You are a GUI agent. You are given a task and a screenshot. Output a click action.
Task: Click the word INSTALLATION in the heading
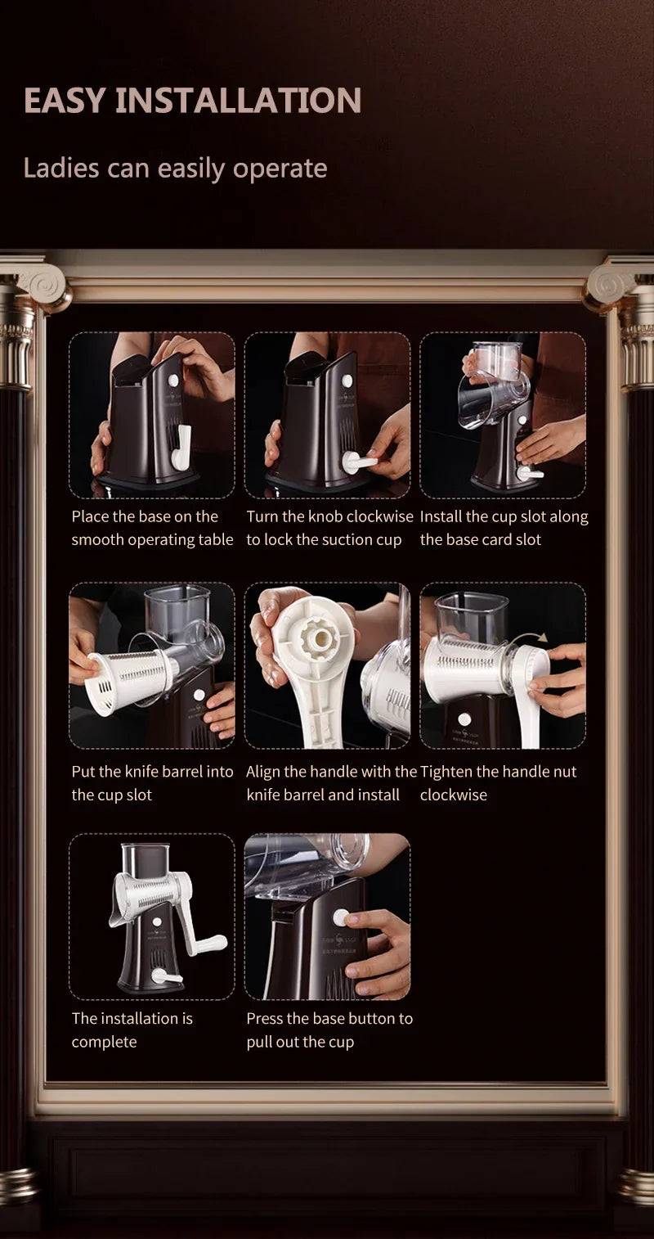coord(238,100)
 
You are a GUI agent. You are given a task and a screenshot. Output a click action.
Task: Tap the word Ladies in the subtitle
coord(60,168)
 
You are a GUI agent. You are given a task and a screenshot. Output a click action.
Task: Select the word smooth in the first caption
coord(97,539)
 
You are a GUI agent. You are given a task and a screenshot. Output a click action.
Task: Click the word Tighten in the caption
coord(446,772)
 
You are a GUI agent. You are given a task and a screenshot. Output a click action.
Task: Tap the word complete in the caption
coord(104,1042)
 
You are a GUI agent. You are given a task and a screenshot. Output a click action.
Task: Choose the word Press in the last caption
coord(265,1018)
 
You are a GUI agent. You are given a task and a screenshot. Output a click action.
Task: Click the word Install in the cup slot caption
coord(441,516)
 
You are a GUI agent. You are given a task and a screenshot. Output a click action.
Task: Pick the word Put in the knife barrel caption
coord(83,772)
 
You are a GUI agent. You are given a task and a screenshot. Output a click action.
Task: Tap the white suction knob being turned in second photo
coord(359,462)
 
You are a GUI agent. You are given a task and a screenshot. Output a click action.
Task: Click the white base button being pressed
coord(342,917)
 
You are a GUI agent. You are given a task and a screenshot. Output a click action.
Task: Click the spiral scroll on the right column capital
coord(611,286)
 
